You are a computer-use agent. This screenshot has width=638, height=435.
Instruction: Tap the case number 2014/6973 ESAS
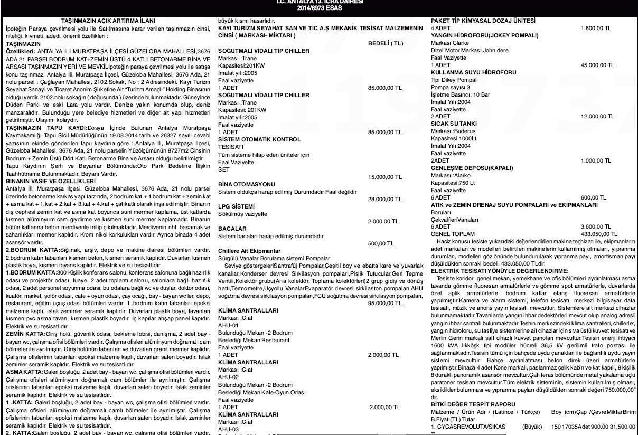(x=318, y=8)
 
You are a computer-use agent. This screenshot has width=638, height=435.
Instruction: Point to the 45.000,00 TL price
(x=597, y=65)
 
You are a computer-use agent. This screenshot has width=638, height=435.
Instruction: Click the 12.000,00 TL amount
(x=597, y=116)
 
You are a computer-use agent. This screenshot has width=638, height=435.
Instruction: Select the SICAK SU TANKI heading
(x=454, y=124)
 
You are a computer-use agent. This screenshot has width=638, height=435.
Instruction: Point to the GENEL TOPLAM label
(x=453, y=233)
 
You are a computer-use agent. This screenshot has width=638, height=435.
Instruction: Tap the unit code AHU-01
(x=227, y=326)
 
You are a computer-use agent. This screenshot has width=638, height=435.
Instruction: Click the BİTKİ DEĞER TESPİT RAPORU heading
(x=475, y=404)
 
